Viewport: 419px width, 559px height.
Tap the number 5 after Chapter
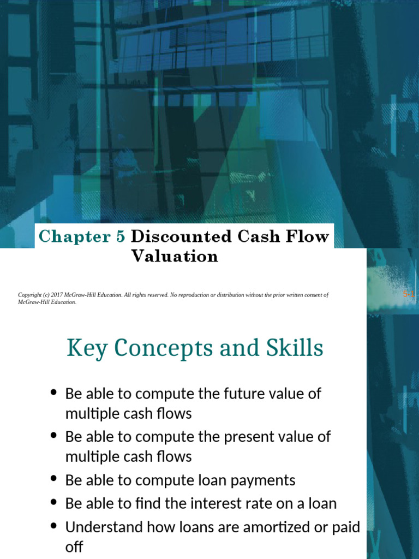[x=120, y=236]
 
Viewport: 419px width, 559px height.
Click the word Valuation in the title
[x=175, y=255]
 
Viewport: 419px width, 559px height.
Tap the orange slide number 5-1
[x=409, y=294]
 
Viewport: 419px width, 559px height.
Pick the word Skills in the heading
[x=292, y=348]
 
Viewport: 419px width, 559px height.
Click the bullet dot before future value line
[x=53, y=393]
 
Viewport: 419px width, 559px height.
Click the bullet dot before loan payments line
[x=53, y=479]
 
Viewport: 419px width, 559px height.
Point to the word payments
[x=264, y=480]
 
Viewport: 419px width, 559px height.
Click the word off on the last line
[x=74, y=546]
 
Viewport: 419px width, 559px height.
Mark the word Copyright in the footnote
[x=30, y=295]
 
